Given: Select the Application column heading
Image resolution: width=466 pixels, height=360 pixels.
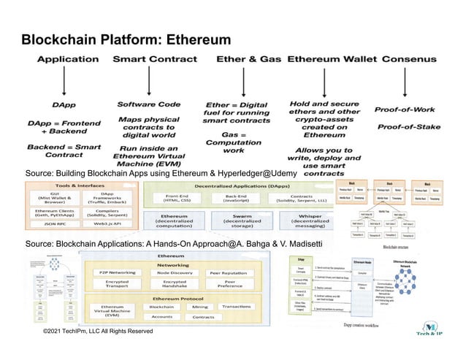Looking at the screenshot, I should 67,58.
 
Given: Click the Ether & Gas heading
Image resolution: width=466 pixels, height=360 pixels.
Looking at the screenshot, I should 248,58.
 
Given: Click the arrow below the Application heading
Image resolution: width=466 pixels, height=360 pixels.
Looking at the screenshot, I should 67,83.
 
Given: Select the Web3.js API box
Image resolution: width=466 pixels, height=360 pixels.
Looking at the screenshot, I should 106,223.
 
